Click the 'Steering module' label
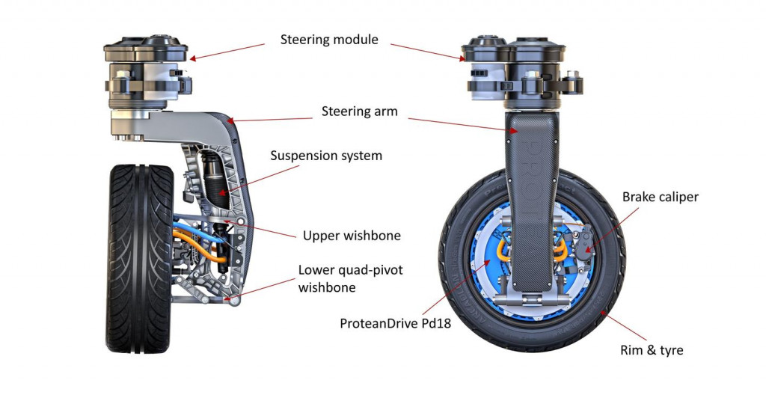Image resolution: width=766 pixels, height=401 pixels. coord(329,39)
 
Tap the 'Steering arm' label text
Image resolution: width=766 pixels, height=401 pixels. coord(359,111)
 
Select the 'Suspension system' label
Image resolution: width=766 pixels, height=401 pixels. coord(326,156)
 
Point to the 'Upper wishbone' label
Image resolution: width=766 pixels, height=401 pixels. coord(352,236)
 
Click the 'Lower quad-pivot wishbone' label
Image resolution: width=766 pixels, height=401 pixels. coord(350,278)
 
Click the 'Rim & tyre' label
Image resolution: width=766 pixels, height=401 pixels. coord(652,349)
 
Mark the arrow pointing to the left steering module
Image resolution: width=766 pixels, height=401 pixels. coord(228,50)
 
